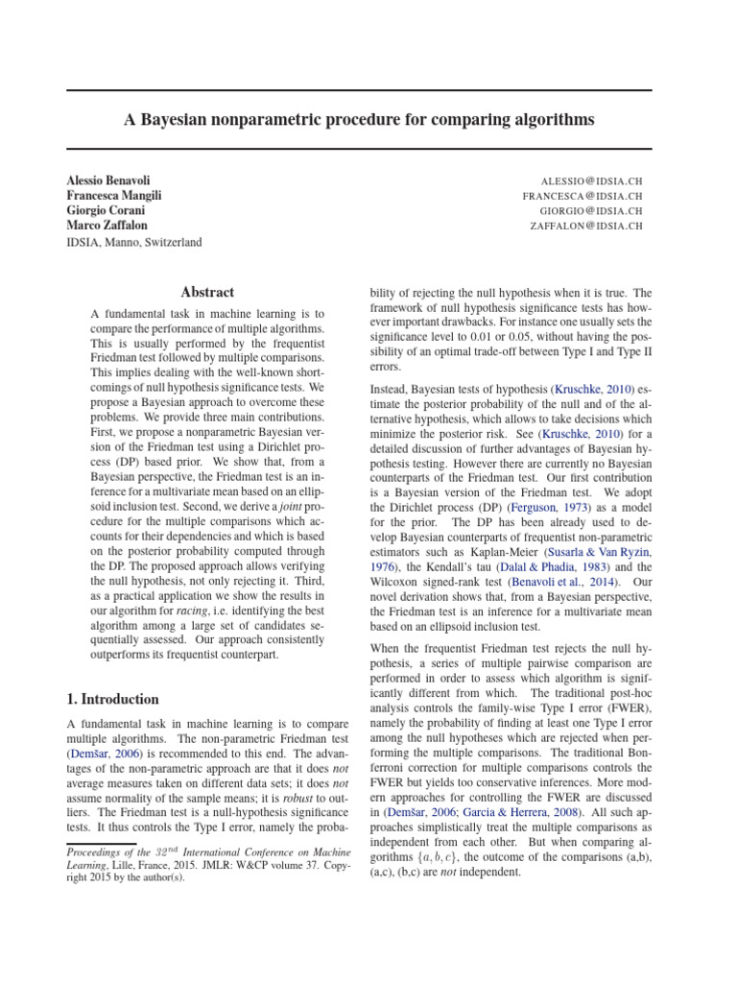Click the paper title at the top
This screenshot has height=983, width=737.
[360, 120]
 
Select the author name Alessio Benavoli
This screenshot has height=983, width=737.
[108, 180]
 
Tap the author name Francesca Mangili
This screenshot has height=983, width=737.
[113, 196]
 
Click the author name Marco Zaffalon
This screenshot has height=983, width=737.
[106, 227]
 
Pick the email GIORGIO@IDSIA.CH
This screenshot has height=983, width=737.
[590, 211]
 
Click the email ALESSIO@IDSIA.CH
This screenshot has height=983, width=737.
[591, 180]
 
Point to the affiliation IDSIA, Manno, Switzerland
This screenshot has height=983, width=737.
[133, 243]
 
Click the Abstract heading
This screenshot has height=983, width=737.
[207, 292]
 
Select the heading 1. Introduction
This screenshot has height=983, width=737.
[113, 700]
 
